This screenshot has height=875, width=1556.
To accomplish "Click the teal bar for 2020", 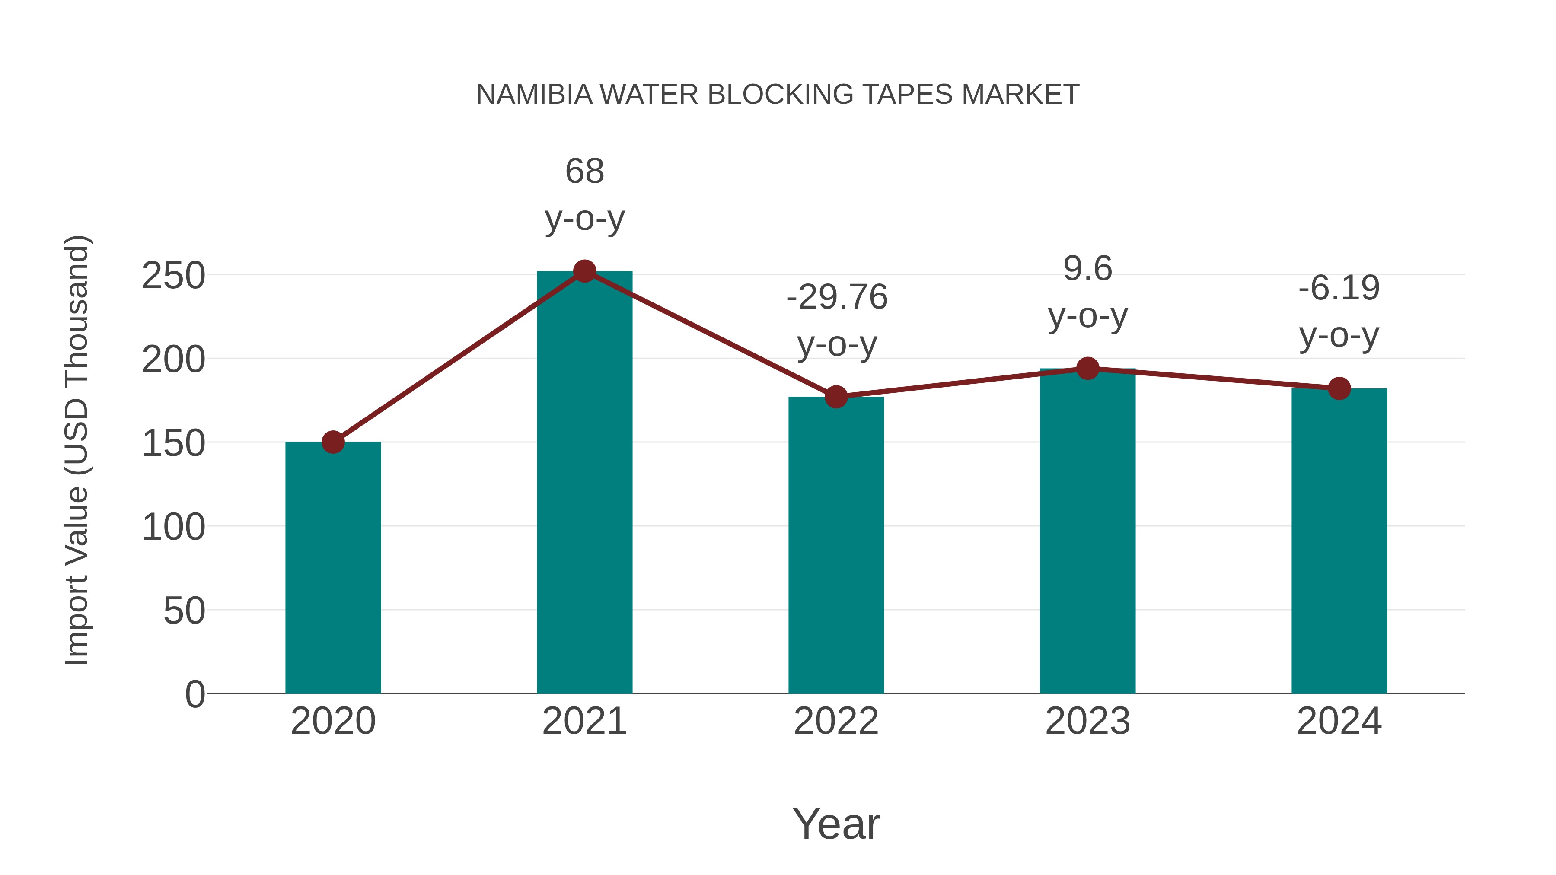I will click(x=333, y=568).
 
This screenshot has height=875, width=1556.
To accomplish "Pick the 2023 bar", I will click(x=1087, y=531).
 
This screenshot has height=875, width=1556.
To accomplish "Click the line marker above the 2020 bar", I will click(x=333, y=442).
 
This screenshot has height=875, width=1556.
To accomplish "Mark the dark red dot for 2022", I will click(x=836, y=397).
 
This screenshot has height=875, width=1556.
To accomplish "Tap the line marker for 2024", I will click(x=1339, y=389).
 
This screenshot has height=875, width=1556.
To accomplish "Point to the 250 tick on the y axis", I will click(x=173, y=276).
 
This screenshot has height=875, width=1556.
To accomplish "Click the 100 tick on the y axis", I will click(x=173, y=527).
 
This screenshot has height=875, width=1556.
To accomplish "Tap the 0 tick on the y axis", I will click(x=194, y=694).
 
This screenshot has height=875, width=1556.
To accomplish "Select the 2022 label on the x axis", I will click(x=836, y=721).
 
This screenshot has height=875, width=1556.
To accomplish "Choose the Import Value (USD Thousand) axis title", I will click(x=77, y=450).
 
